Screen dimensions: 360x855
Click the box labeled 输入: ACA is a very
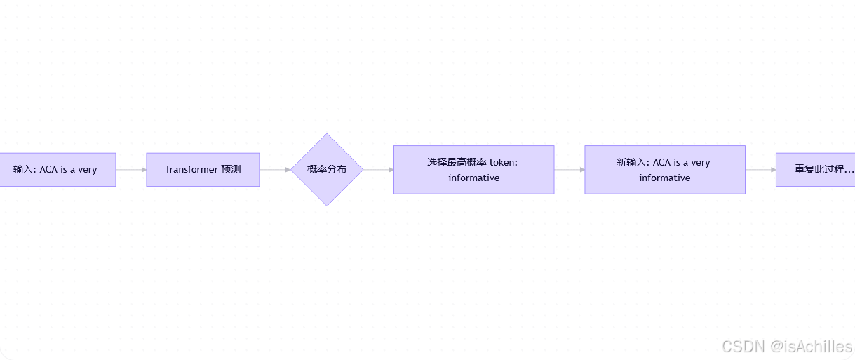pyautogui.click(x=56, y=170)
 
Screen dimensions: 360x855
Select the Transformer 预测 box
pyautogui.click(x=203, y=170)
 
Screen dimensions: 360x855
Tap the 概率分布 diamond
pyautogui.click(x=327, y=170)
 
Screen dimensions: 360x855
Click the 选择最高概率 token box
pyautogui.click(x=473, y=170)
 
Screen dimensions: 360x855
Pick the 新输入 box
pyautogui.click(x=664, y=170)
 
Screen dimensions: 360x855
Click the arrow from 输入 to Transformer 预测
pyautogui.click(x=131, y=170)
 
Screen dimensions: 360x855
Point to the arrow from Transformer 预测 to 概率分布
pyautogui.click(x=275, y=170)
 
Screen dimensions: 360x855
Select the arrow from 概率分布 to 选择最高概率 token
pyautogui.click(x=379, y=170)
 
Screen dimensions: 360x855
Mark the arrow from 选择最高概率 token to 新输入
pyautogui.click(x=570, y=170)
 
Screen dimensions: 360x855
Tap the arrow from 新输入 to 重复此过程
pyautogui.click(x=760, y=170)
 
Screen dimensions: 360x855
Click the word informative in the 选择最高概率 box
pyautogui.click(x=474, y=178)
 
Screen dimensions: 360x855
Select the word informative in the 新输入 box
pyautogui.click(x=665, y=178)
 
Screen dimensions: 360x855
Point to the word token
pyautogui.click(x=503, y=162)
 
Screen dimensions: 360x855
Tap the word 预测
pyautogui.click(x=231, y=170)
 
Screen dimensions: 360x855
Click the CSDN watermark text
pyautogui.click(x=743, y=347)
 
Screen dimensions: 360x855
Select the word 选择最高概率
pyautogui.click(x=457, y=162)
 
